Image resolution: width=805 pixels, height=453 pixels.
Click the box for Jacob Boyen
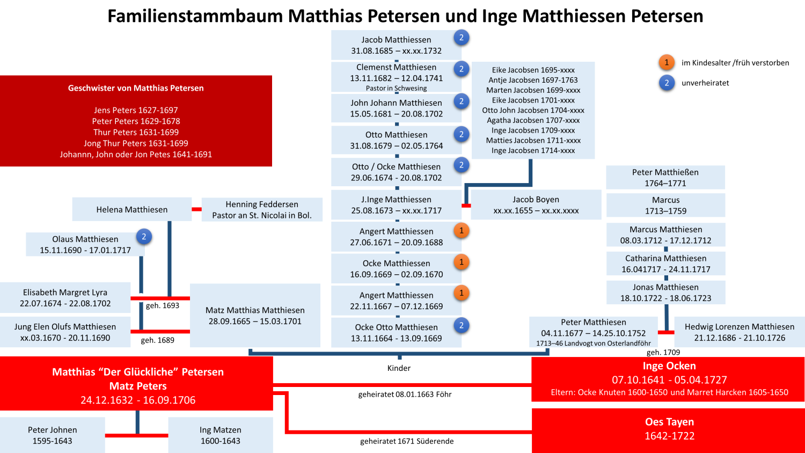pyautogui.click(x=536, y=205)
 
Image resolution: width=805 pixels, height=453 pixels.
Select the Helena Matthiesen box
pyautogui.click(x=132, y=209)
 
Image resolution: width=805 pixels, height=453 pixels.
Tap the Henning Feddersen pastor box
pyautogui.click(x=262, y=210)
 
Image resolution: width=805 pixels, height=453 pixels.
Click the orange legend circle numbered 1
pyautogui.click(x=667, y=62)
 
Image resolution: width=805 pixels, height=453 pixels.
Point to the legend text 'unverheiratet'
pyautogui.click(x=705, y=83)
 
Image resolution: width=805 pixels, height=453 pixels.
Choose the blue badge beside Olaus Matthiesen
pyautogui.click(x=143, y=237)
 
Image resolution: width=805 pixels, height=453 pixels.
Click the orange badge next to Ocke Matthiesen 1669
pyautogui.click(x=461, y=262)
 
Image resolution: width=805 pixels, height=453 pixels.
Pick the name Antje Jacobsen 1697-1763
pyautogui.click(x=533, y=80)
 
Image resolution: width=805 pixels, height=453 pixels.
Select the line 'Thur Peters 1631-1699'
pyautogui.click(x=136, y=132)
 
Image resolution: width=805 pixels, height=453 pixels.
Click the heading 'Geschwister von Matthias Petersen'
pyautogui.click(x=136, y=88)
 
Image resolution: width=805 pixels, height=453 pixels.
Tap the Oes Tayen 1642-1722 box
pyautogui.click(x=669, y=429)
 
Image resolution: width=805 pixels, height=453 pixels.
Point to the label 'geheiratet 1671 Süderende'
pyautogui.click(x=407, y=441)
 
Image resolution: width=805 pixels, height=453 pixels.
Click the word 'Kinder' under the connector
pyautogui.click(x=399, y=368)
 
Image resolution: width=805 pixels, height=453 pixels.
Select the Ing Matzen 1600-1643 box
pyautogui.click(x=221, y=435)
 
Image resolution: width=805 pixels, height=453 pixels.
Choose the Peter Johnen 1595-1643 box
pyautogui.click(x=53, y=435)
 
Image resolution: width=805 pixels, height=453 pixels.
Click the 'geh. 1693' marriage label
pyautogui.click(x=163, y=305)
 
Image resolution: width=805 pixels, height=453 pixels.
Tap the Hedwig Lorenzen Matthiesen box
pyautogui.click(x=739, y=332)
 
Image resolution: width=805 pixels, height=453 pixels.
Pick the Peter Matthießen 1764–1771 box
pyautogui.click(x=665, y=178)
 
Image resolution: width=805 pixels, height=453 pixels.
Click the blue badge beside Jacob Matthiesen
pyautogui.click(x=461, y=38)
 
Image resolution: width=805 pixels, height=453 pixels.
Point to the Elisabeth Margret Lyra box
pyautogui.click(x=65, y=298)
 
